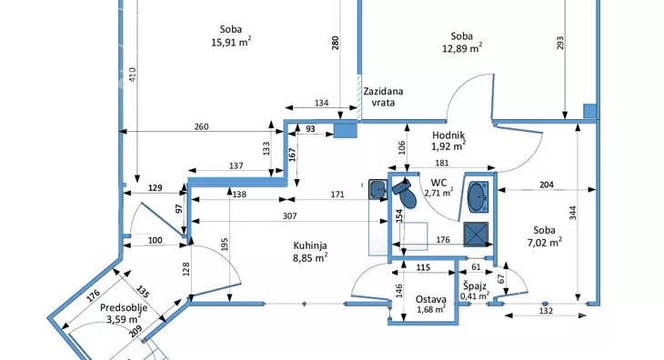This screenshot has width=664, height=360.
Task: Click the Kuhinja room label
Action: pyautogui.click(x=310, y=245)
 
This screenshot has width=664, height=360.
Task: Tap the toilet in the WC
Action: pyautogui.click(x=405, y=193)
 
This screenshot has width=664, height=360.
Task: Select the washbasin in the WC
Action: pyautogui.click(x=478, y=196)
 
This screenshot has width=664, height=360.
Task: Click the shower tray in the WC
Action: pyautogui.click(x=476, y=234)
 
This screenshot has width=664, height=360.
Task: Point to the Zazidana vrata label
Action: pyautogui.click(x=383, y=97)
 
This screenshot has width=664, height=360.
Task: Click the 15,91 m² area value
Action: pyautogui.click(x=231, y=43)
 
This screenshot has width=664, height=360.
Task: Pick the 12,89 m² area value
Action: pyautogui.click(x=462, y=48)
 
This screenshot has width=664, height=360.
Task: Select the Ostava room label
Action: pyautogui.click(x=430, y=299)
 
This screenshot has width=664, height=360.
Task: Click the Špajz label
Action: pyautogui.click(x=475, y=285)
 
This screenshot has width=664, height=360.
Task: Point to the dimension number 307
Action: pyautogui.click(x=289, y=215)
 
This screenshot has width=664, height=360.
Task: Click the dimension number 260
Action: pyautogui.click(x=201, y=126)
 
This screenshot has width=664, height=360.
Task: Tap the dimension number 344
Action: pyautogui.click(x=572, y=213)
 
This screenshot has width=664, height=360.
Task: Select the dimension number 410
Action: pyautogui.click(x=133, y=75)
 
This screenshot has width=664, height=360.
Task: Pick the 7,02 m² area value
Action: pyautogui.click(x=545, y=243)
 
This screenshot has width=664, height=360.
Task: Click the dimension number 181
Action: pyautogui.click(x=442, y=163)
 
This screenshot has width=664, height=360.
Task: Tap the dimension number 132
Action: pyautogui.click(x=546, y=311)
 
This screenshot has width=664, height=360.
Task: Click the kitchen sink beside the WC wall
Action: pyautogui.click(x=377, y=189)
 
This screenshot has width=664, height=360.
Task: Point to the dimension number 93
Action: pyautogui.click(x=310, y=128)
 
